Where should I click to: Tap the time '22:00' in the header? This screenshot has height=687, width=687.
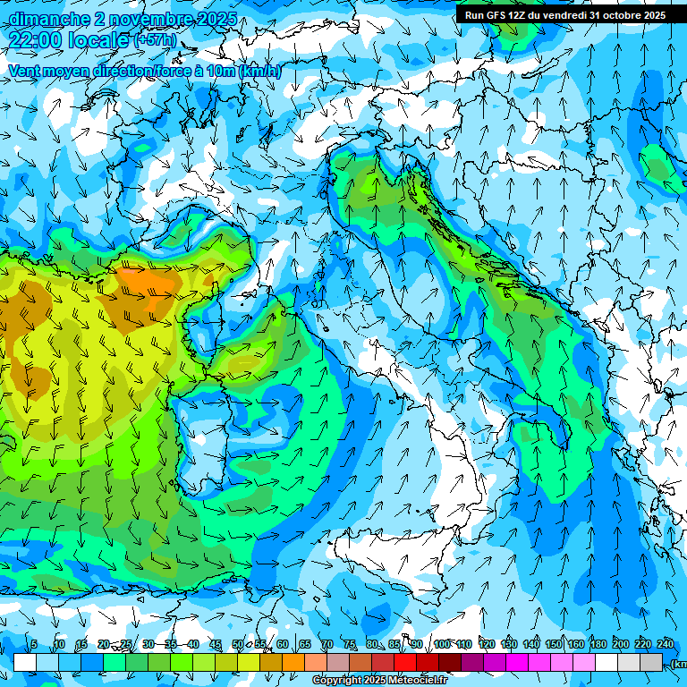[36, 40]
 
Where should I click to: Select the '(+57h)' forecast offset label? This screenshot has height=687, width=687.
[155, 40]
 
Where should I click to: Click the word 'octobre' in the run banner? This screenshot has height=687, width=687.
[616, 15]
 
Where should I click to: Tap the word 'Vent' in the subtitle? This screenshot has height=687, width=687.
[24, 72]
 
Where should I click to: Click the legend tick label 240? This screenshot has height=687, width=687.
[665, 644]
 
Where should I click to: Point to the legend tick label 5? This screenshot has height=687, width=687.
[34, 644]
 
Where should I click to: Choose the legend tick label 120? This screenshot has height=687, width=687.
[487, 644]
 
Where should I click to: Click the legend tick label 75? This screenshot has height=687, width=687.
[350, 644]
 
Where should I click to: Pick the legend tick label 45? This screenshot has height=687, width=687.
[216, 644]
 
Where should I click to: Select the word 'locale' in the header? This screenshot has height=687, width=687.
[99, 40]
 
